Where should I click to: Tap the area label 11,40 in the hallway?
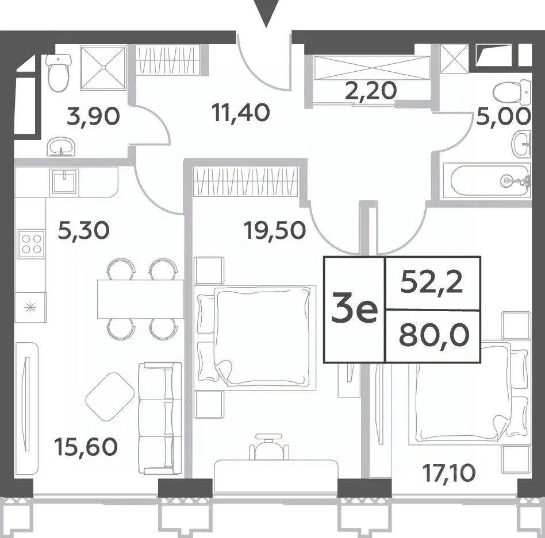tap(242, 113)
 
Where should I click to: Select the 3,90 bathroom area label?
tap(93, 117)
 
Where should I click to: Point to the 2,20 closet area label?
tap(371, 91)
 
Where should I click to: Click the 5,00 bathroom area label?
tap(503, 116)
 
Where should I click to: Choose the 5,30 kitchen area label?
tap(83, 230)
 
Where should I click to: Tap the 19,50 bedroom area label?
tap(275, 230)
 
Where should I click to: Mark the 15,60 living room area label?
tap(86, 447)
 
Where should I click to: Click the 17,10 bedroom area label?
tap(448, 473)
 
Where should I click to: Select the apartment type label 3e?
tap(354, 309)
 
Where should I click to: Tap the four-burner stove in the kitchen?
tap(31, 243)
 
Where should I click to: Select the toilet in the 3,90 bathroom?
tap(59, 73)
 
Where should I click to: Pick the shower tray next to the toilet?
tap(103, 67)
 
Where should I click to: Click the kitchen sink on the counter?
tap(64, 181)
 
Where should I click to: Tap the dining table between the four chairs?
tap(140, 299)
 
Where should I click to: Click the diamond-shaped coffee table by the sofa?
tap(110, 397)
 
